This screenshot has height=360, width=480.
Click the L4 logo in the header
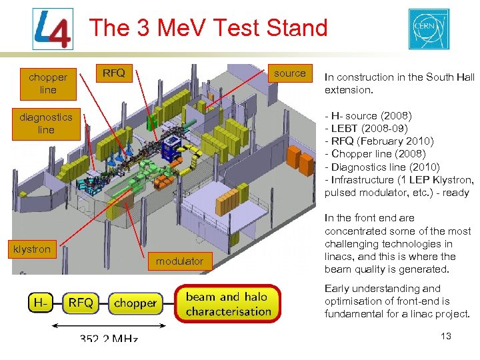click(x=53, y=29)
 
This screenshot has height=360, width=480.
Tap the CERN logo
click(x=429, y=29)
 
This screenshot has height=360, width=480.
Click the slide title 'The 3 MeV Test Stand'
click(x=208, y=28)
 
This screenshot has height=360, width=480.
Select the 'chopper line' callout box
click(x=48, y=83)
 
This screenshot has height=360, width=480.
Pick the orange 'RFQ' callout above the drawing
click(x=114, y=73)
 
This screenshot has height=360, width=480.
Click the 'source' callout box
click(x=290, y=73)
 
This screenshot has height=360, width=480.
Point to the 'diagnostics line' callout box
click(x=46, y=123)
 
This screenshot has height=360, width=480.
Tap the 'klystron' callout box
click(x=32, y=249)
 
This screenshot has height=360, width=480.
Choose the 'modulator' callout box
click(x=179, y=261)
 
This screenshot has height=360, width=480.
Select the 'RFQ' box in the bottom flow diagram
click(x=81, y=303)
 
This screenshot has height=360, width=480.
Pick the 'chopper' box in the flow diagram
click(x=135, y=303)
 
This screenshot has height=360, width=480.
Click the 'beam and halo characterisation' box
click(x=228, y=304)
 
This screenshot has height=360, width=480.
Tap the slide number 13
click(x=446, y=336)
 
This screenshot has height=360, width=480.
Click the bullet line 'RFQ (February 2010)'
click(x=379, y=141)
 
